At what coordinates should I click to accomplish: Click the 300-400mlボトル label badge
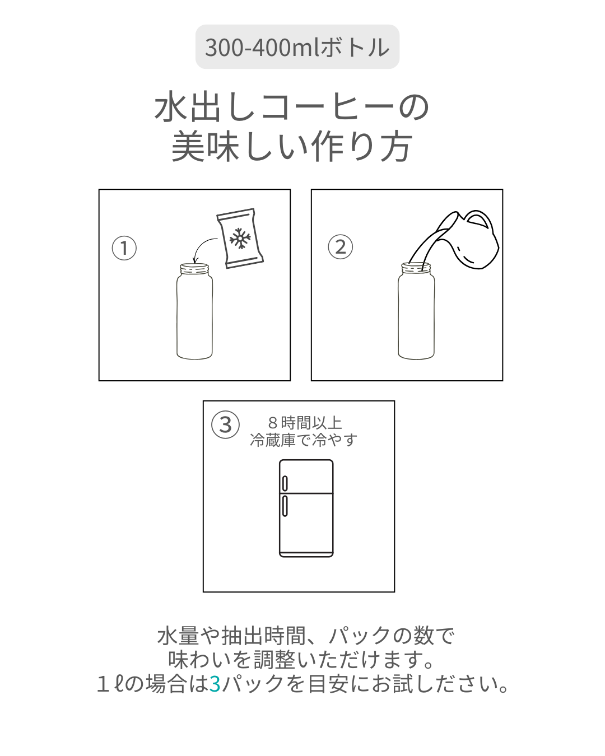(x=297, y=46)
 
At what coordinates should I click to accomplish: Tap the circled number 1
(x=124, y=248)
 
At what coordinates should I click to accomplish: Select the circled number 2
(x=340, y=246)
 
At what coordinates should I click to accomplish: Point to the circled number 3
(x=225, y=424)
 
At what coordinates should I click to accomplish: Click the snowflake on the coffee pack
(x=240, y=238)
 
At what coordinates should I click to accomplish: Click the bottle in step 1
(x=194, y=311)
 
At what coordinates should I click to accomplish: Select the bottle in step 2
(x=416, y=311)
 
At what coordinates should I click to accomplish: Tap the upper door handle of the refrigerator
(x=285, y=483)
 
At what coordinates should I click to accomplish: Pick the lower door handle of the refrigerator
(x=285, y=506)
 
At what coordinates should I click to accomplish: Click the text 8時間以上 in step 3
(x=305, y=423)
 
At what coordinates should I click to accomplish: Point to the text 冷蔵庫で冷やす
(x=304, y=440)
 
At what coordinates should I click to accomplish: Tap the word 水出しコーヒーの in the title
(x=292, y=106)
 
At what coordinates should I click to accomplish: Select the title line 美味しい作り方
(x=292, y=146)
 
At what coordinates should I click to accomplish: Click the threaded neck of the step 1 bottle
(x=194, y=269)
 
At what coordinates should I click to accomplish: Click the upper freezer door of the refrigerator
(x=306, y=477)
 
